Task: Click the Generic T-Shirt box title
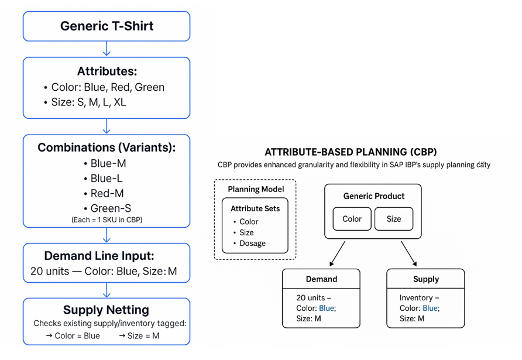[107, 26]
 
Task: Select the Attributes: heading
[107, 71]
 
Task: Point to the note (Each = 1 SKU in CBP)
[107, 220]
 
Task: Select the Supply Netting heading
[107, 310]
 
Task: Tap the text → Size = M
[139, 336]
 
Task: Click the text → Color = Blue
[73, 336]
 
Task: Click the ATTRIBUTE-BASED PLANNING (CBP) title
[351, 152]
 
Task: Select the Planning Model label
[256, 189]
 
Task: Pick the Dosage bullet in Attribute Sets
[252, 243]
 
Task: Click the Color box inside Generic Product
[352, 219]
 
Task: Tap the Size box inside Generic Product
[394, 219]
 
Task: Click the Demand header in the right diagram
[321, 279]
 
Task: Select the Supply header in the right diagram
[425, 279]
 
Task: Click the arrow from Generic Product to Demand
[337, 253]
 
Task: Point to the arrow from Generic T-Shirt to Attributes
[107, 49]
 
